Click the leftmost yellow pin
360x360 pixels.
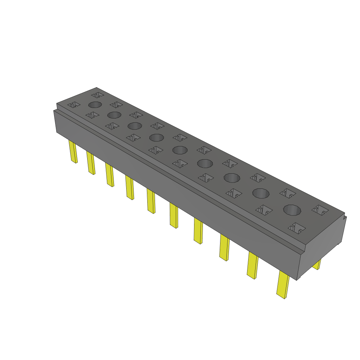pyautogui.click(x=73, y=152)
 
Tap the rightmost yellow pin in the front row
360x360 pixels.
pyautogui.click(x=283, y=284)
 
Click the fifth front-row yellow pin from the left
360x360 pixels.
pyautogui.click(x=151, y=201)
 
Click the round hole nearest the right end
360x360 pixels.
pyautogui.click(x=292, y=210)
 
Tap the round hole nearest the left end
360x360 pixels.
pyautogui.click(x=95, y=104)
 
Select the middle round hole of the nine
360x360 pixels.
pyautogui.click(x=180, y=150)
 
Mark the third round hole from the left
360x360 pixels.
pyautogui.click(x=134, y=126)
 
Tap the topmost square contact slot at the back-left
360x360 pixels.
pyautogui.click(x=97, y=95)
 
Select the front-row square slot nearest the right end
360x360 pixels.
pyautogui.click(x=297, y=228)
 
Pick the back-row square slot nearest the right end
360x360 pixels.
pyautogui.click(x=320, y=210)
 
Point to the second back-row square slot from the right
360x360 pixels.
pyautogui.click(x=288, y=192)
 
